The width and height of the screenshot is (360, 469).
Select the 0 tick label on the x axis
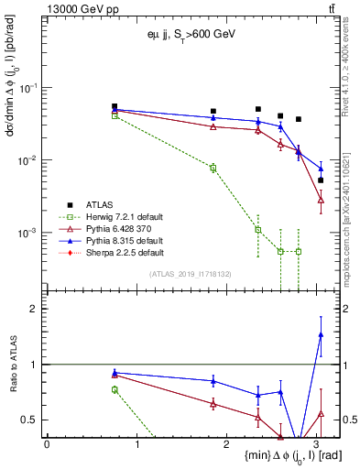(x=47, y=444)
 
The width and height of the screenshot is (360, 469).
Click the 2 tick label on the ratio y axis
(x=33, y=309)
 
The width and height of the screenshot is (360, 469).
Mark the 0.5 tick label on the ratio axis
(x=29, y=420)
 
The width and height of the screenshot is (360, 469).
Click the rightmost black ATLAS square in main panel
(x=321, y=180)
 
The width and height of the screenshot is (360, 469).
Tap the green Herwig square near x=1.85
(x=213, y=168)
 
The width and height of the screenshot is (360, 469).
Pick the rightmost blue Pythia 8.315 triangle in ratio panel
(x=321, y=335)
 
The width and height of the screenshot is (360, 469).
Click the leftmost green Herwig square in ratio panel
(x=115, y=389)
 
